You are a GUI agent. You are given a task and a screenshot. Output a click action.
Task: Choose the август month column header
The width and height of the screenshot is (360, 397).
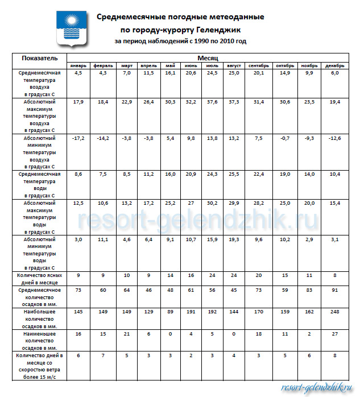[x=234, y=66]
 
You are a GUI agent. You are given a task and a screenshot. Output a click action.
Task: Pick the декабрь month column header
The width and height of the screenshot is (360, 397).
[x=335, y=66]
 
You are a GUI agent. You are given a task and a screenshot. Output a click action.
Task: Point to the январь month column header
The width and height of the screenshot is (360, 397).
[x=78, y=66]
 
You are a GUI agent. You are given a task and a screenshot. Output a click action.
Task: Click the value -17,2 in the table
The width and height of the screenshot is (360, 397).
[x=78, y=138]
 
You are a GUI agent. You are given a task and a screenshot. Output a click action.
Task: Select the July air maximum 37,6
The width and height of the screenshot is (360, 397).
[x=212, y=101]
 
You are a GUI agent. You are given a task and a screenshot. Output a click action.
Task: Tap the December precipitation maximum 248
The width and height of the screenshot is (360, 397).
[x=335, y=312]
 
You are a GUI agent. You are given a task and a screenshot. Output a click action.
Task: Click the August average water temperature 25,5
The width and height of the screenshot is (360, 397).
[x=234, y=174]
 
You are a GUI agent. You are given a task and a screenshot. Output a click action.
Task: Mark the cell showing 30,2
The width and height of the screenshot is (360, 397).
[x=212, y=203]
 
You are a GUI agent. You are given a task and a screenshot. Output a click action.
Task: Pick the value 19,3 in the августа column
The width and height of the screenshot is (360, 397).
[x=234, y=239]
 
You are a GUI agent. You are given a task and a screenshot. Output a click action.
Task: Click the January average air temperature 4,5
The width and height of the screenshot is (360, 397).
[x=78, y=73]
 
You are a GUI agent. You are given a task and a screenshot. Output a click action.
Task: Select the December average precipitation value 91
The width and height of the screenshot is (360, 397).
[x=335, y=290]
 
